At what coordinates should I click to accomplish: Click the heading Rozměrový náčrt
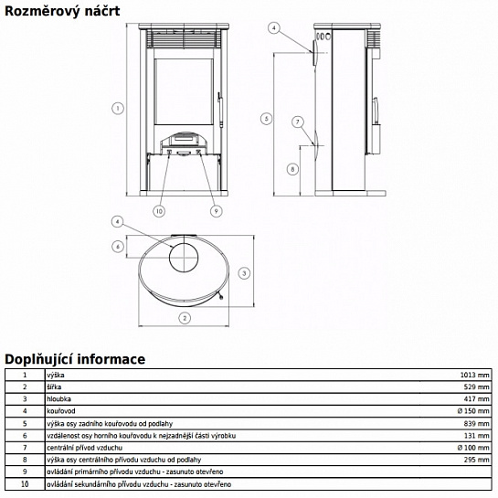(62, 12)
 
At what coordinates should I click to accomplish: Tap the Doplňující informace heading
(75, 359)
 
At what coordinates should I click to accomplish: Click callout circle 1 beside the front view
(118, 109)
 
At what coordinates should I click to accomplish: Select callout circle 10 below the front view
(159, 211)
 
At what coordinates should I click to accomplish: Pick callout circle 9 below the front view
(217, 211)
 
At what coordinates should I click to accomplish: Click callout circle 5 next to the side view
(267, 119)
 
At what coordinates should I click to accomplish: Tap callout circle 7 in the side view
(298, 122)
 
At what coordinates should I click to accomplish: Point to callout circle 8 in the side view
(292, 169)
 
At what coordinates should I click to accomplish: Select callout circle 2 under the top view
(185, 318)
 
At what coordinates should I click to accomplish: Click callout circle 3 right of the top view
(244, 273)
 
